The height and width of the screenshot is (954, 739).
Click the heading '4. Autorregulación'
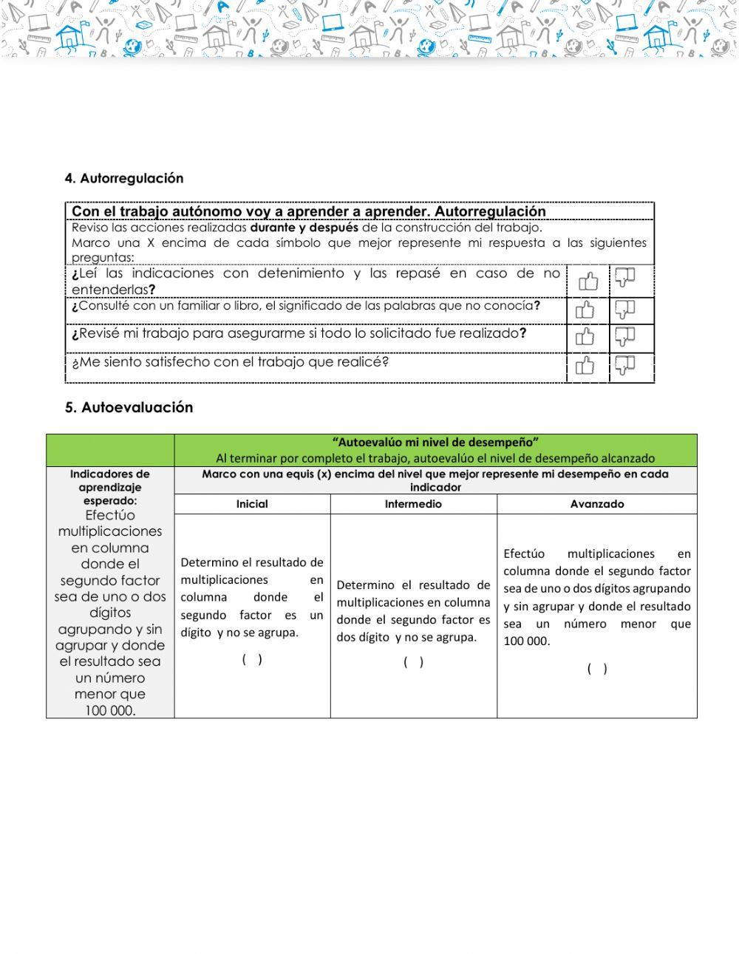tap(124, 178)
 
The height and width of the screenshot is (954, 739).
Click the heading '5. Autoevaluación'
tap(129, 407)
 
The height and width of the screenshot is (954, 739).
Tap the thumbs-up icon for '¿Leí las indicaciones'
tap(588, 281)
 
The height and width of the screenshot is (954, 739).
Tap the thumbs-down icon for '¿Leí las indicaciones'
tap(625, 278)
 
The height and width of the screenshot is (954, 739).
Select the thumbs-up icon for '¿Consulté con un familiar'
tap(585, 310)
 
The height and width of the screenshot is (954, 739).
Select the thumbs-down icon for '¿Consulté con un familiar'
tap(625, 309)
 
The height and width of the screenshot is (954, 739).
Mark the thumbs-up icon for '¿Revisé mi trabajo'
tap(585, 337)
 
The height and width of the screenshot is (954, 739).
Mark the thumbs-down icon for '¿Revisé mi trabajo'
tap(625, 337)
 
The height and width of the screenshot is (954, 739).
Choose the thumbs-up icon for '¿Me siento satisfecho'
tap(585, 366)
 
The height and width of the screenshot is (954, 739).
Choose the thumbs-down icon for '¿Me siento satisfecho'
tap(625, 365)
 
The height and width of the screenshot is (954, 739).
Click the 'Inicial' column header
tap(252, 504)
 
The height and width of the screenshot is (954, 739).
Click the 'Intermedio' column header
tap(413, 504)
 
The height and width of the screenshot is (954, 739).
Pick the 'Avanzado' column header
tap(597, 504)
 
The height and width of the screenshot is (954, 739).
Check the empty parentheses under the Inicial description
tap(252, 660)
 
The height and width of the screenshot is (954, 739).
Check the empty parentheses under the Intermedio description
tap(413, 662)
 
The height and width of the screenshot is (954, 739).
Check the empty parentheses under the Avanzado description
tap(597, 669)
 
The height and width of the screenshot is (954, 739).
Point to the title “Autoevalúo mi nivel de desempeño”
tap(435, 442)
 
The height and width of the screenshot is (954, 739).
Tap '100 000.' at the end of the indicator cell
tap(110, 710)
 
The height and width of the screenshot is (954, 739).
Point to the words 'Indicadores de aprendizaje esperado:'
tap(110, 487)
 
